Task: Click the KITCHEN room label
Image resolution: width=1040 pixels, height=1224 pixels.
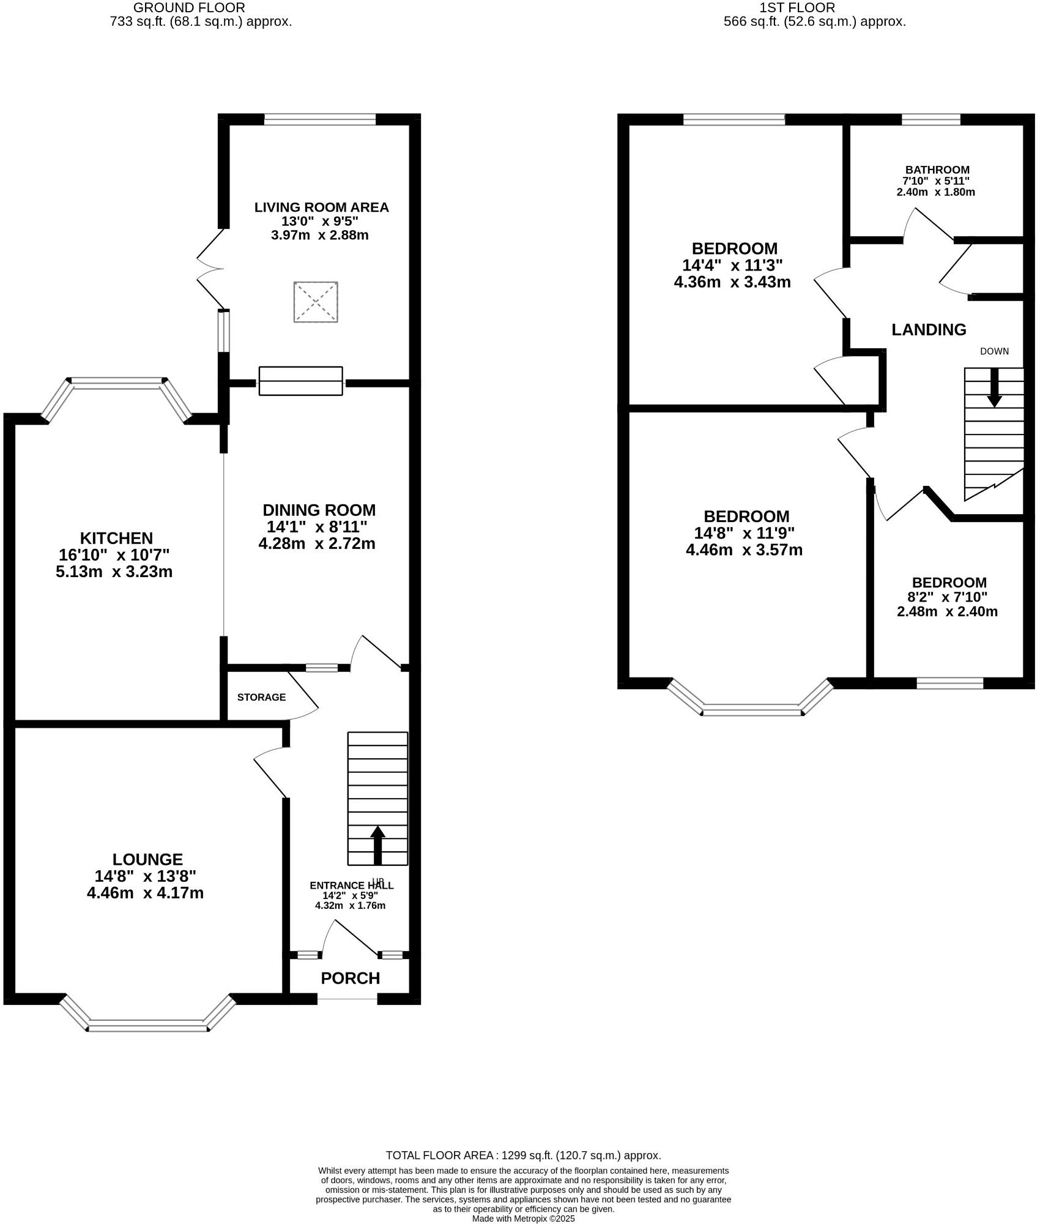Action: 116,539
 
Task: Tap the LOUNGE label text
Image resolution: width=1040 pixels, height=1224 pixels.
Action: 147,860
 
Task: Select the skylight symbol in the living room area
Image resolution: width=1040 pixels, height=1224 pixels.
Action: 316,302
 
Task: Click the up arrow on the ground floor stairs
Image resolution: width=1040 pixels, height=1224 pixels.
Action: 377,845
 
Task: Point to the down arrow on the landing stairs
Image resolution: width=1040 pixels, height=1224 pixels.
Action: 994,387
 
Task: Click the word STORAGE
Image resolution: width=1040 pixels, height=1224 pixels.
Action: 261,697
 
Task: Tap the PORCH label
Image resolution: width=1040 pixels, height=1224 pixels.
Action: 351,978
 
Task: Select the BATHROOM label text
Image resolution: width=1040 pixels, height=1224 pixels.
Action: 937,170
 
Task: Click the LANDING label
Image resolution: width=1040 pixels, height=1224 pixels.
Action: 929,330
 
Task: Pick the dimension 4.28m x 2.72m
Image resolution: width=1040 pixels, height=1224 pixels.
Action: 316,543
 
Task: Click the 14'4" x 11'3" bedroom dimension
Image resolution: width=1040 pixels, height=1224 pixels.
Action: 732,266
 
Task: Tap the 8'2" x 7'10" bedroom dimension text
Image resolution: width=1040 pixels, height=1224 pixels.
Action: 947,597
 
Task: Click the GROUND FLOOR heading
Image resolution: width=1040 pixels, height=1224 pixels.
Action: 189,8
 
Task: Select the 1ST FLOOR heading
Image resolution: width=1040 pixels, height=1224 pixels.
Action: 797,8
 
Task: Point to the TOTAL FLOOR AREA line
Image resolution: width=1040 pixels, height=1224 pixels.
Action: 523,1155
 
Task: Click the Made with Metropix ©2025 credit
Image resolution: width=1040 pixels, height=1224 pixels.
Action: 524,1218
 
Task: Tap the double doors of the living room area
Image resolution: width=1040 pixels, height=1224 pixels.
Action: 210,269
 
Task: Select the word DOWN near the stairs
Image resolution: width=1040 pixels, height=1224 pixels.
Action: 994,351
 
